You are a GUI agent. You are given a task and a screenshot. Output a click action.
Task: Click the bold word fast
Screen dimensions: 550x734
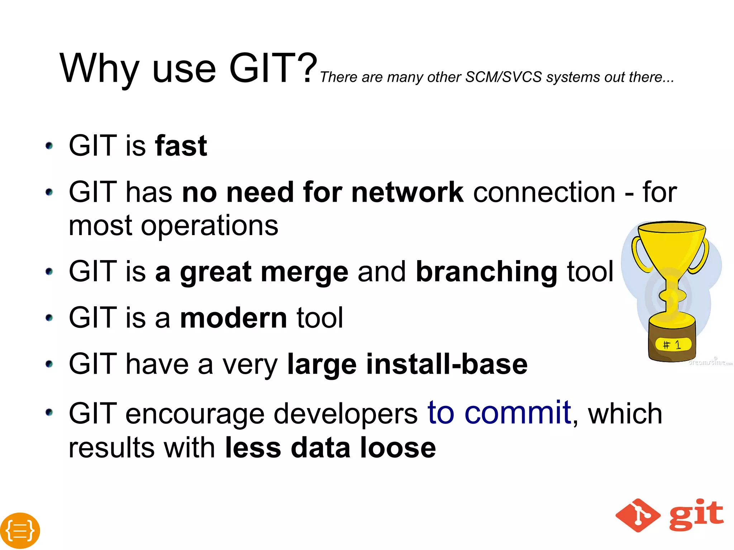(181, 146)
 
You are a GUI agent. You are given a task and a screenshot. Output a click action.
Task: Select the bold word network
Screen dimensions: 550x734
(407, 192)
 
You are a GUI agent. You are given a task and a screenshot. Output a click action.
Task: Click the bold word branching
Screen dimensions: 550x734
(486, 272)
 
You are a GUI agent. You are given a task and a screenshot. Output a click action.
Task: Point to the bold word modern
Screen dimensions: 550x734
(233, 318)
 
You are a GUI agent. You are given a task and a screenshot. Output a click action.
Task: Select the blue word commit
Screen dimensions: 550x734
(518, 413)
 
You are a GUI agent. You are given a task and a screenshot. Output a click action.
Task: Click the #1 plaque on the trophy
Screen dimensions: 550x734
(673, 345)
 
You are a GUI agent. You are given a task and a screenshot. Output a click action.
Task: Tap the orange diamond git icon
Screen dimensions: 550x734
(638, 515)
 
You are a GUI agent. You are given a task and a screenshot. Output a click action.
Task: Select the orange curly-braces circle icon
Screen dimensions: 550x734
(20, 530)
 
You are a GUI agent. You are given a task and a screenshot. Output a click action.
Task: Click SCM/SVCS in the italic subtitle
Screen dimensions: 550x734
(504, 77)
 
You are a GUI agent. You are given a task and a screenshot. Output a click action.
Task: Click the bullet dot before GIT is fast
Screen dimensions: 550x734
(49, 146)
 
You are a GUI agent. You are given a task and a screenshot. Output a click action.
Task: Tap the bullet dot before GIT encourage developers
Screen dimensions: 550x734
(49, 412)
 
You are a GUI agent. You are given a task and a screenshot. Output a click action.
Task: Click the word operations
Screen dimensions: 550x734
(209, 226)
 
